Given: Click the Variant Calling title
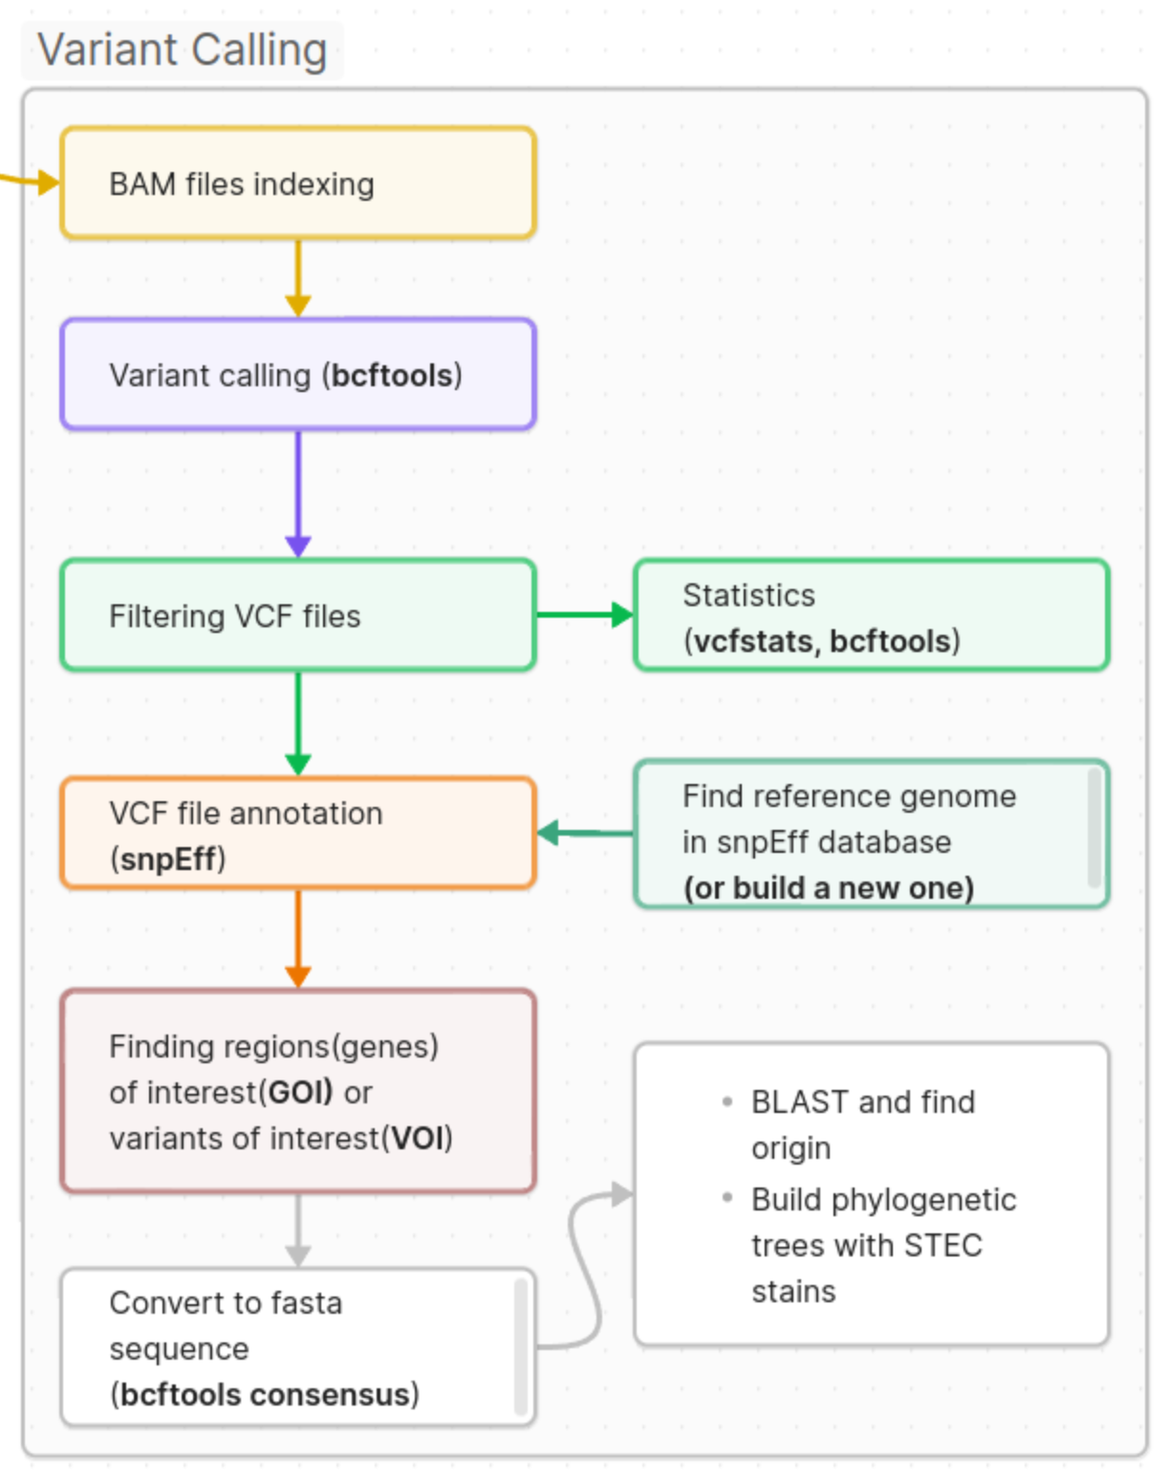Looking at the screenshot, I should click(x=182, y=50).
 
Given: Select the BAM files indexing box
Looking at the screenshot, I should click(x=297, y=183).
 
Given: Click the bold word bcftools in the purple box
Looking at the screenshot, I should click(x=392, y=376).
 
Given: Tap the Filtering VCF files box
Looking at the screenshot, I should click(x=297, y=616).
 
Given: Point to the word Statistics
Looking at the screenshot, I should click(x=748, y=596).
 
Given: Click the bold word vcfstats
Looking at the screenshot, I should click(x=753, y=642).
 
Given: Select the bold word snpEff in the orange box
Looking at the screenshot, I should click(x=168, y=860).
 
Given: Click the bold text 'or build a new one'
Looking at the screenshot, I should click(x=829, y=888).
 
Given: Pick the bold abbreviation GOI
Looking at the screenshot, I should click(x=300, y=1093).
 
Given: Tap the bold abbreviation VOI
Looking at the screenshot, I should click(x=417, y=1139).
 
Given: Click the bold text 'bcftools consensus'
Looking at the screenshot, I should click(x=265, y=1395).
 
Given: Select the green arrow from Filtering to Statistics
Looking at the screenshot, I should click(x=584, y=615).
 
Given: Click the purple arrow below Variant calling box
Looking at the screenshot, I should click(x=298, y=492).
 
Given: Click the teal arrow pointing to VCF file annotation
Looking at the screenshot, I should click(x=585, y=833).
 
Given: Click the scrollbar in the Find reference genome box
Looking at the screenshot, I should click(x=1094, y=828).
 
